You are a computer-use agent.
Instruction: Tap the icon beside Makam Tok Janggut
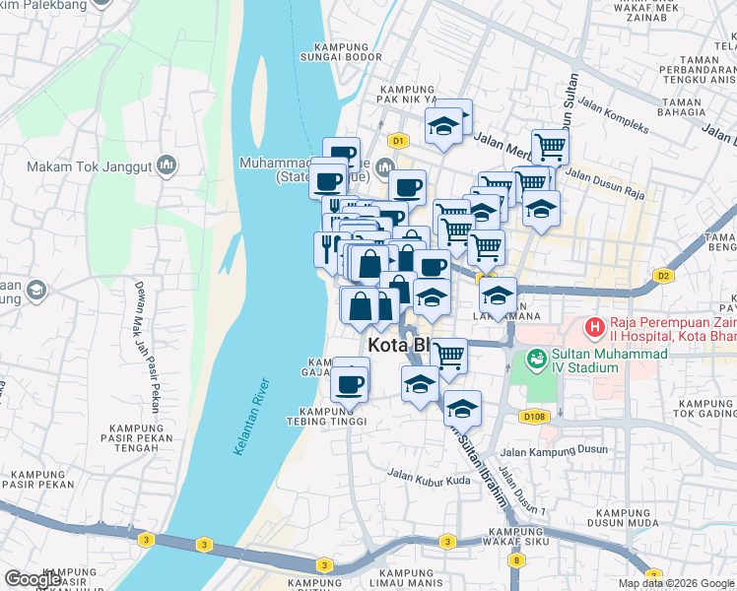pyautogui.click(x=166, y=164)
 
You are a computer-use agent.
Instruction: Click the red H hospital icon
pyautogui.click(x=594, y=325)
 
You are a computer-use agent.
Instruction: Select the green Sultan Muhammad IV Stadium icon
pyautogui.click(x=538, y=360)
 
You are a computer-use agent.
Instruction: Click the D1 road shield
pyautogui.click(x=397, y=141)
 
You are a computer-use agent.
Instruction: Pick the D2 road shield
pyautogui.click(x=664, y=276)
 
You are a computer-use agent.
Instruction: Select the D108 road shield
pyautogui.click(x=533, y=417)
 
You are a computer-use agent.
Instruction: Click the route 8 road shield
pyautogui.click(x=515, y=559)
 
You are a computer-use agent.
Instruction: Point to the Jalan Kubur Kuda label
pyautogui.click(x=429, y=480)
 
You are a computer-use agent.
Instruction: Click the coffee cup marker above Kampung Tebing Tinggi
pyautogui.click(x=349, y=381)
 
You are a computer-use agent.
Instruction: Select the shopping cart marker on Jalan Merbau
pyautogui.click(x=550, y=148)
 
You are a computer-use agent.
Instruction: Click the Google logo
pyautogui.click(x=33, y=579)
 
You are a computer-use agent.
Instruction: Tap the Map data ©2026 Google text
pyautogui.click(x=677, y=583)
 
